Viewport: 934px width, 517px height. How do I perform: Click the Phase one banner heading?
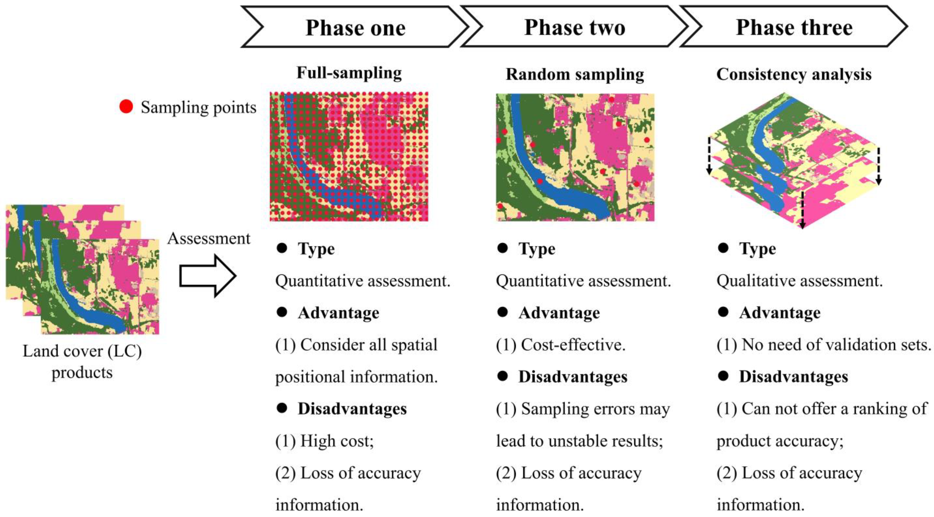[355, 28]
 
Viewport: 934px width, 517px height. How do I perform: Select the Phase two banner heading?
[575, 28]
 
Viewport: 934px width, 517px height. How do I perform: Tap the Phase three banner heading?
[794, 28]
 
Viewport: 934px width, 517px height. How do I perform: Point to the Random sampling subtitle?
[575, 74]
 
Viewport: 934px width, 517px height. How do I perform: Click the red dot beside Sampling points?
[126, 107]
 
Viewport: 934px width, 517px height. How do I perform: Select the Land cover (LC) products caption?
[82, 362]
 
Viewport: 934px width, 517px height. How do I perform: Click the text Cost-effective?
[573, 345]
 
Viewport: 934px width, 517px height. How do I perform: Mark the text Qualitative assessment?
[799, 281]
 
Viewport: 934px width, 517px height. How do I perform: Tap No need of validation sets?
[836, 345]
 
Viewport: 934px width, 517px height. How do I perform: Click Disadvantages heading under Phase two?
[573, 377]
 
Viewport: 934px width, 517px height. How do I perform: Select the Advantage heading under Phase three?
[780, 313]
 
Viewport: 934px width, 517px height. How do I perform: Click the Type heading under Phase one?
[316, 249]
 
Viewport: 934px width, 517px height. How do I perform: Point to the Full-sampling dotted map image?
[349, 156]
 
